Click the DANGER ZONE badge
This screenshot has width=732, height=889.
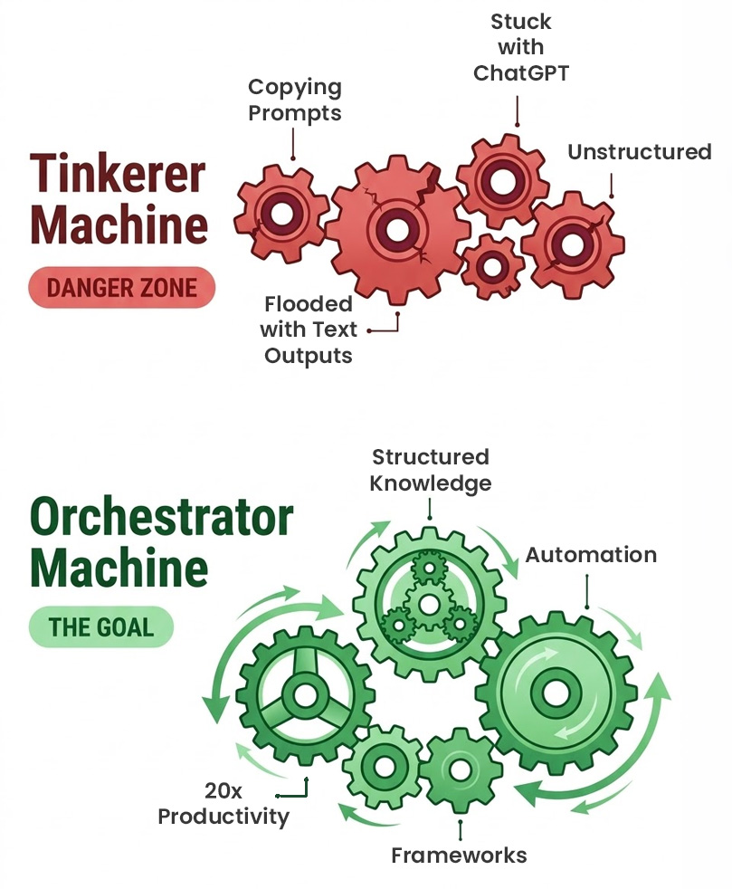click(122, 288)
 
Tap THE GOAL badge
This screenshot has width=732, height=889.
click(100, 626)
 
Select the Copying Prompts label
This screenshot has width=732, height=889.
click(295, 100)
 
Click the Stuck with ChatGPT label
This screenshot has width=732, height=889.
click(521, 46)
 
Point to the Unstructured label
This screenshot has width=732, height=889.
click(639, 152)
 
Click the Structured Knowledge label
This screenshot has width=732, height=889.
click(431, 470)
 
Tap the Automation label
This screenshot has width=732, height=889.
click(591, 555)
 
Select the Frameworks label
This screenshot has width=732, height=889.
click(459, 855)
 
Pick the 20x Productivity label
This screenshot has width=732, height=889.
click(223, 804)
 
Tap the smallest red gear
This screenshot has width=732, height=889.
click(492, 266)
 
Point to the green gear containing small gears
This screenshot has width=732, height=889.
click(429, 602)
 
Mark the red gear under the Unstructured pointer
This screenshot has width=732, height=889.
click(572, 244)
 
